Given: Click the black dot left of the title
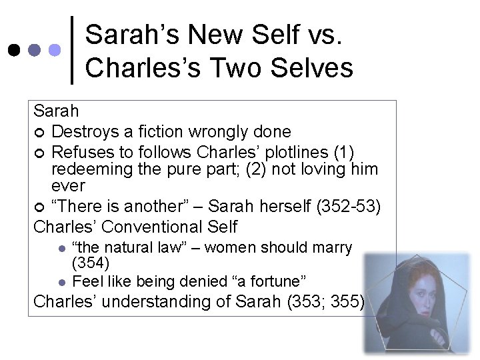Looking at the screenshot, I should click(14, 50).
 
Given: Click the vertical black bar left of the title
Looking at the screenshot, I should click(72, 50).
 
